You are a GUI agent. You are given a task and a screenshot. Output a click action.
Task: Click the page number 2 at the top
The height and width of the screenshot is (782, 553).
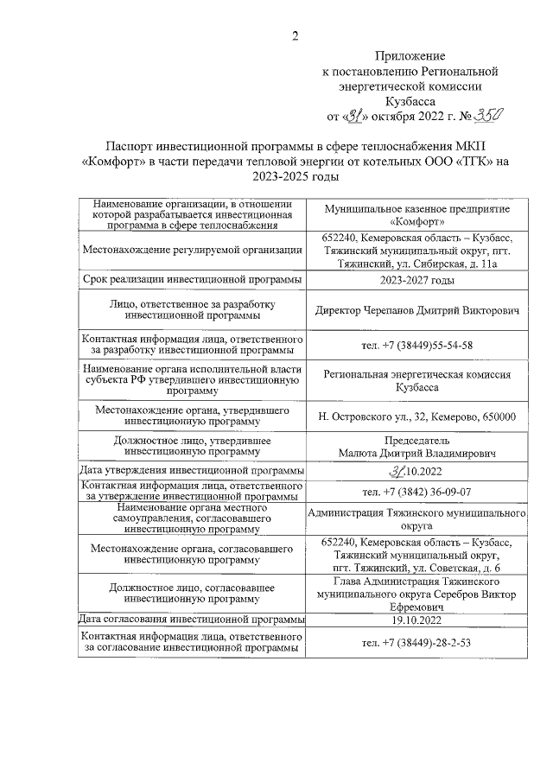coord(295,35)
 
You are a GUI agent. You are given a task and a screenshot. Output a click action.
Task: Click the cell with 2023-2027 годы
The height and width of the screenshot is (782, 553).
coord(417,281)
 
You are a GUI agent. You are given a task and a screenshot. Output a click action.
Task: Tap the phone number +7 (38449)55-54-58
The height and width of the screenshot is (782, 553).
coord(417,346)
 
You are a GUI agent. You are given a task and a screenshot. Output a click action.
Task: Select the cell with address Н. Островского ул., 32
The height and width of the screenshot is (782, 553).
coord(417,416)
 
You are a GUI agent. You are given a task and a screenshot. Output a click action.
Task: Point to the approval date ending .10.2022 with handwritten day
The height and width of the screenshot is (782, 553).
coord(417,471)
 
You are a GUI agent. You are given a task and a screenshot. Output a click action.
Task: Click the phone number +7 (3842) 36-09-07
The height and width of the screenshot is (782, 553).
coord(417,492)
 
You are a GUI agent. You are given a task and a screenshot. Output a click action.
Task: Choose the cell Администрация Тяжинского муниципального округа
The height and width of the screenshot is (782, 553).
coord(417,518)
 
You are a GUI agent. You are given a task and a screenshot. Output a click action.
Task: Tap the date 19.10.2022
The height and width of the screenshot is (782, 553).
coord(417,620)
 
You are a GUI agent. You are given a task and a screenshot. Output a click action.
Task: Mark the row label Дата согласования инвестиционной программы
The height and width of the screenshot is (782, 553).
coord(191,620)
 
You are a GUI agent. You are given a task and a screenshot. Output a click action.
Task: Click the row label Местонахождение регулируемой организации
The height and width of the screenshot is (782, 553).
coord(191,251)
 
